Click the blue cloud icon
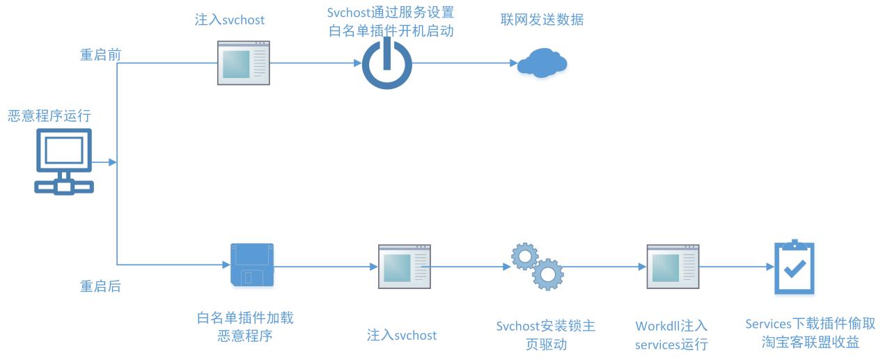(x=542, y=63)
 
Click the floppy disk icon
(x=251, y=265)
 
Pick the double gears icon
(x=537, y=266)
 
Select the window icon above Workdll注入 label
(x=673, y=267)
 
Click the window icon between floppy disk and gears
(x=403, y=267)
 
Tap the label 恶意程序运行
(x=49, y=116)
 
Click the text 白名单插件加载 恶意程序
(x=245, y=327)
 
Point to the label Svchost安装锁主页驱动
(x=546, y=336)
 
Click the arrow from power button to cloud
(x=462, y=63)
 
